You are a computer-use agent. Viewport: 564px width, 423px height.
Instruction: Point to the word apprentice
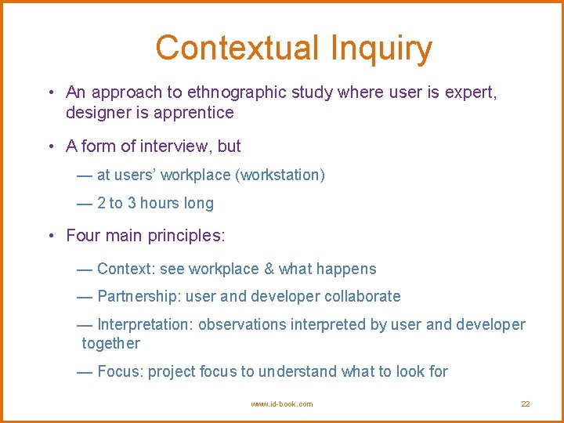[x=197, y=113]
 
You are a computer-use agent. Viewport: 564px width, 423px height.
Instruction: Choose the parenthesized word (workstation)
[x=280, y=175]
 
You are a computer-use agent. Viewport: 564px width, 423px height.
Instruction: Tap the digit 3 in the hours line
[x=132, y=204]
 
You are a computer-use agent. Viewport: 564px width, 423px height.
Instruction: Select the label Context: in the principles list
[x=126, y=269]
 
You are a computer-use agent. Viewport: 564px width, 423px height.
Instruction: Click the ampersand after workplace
[x=269, y=269]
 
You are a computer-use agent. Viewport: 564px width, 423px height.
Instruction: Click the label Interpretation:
[x=146, y=325]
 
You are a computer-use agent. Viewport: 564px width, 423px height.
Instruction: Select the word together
[x=110, y=344]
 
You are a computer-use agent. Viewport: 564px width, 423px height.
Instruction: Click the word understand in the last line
[x=299, y=372]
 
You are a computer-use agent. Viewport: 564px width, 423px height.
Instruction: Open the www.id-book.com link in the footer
[x=281, y=404]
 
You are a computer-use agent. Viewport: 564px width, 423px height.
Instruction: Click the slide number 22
[x=526, y=404]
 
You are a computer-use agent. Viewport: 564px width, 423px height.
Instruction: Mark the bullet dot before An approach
[x=49, y=93]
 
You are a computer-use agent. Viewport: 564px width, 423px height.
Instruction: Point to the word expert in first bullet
[x=471, y=92]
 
